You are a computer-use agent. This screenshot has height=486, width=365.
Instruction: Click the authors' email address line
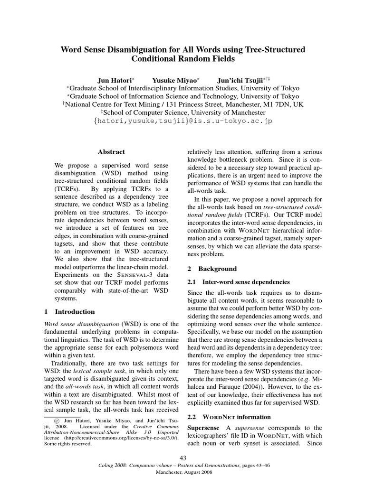(x=182, y=121)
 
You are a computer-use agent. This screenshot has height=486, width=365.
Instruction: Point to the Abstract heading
(x=111, y=152)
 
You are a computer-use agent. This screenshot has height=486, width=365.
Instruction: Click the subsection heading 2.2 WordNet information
(x=229, y=417)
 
